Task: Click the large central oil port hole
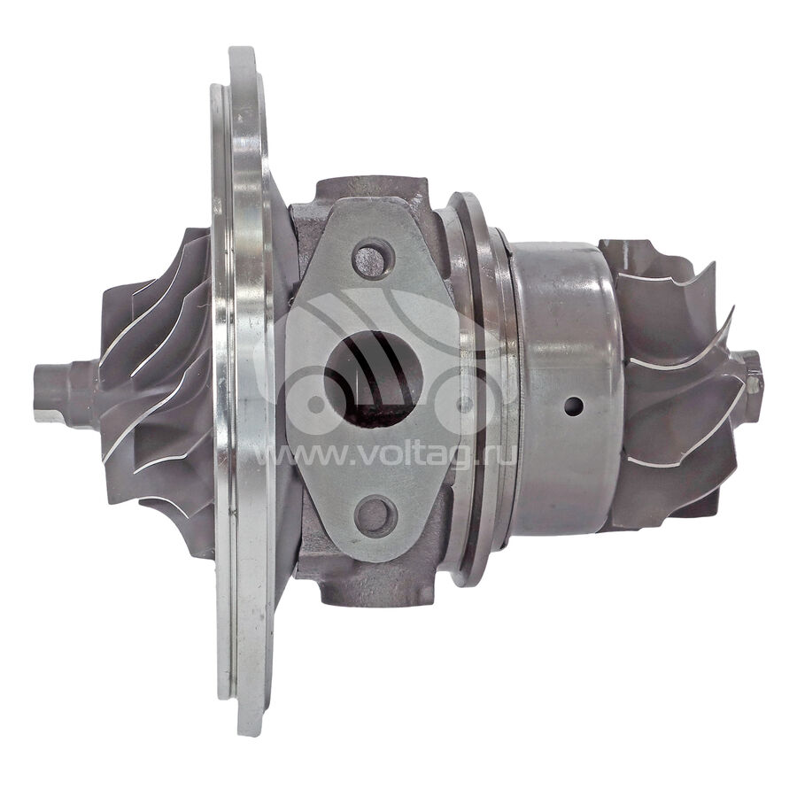374,379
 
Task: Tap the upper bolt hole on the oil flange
374,259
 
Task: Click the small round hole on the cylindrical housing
573,406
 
